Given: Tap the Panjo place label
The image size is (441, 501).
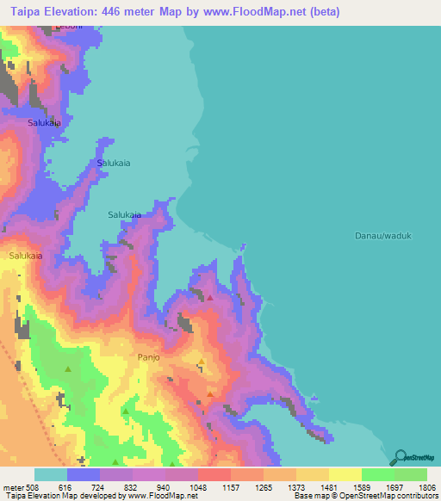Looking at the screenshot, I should tap(149, 356).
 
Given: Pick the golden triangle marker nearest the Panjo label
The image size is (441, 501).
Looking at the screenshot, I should tap(202, 362).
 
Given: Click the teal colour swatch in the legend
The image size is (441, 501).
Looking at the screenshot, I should tap(51, 474).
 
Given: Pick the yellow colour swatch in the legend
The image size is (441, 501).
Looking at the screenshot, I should tap(345, 474).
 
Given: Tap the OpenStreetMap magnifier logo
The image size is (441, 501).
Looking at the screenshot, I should tap(400, 457).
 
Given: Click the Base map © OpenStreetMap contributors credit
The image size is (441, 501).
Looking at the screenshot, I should tap(365, 496).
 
